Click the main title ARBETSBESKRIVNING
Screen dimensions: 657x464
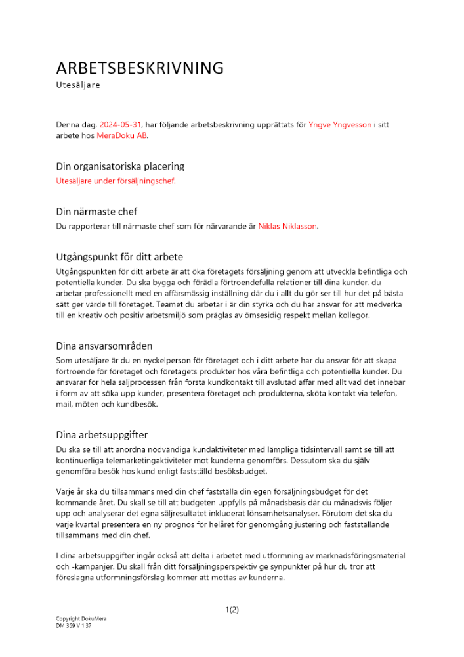140,68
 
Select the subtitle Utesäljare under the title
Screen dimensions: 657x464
78,85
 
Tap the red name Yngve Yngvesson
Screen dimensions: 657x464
339,125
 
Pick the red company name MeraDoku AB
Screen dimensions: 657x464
122,135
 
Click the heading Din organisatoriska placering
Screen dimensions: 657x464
120,166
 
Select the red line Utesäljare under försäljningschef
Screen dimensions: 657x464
116,181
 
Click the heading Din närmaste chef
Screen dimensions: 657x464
96,212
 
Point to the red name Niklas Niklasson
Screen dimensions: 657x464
287,226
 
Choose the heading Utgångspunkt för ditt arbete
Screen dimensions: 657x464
119,256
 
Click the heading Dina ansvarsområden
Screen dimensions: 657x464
104,346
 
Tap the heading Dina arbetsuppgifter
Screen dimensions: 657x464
102,435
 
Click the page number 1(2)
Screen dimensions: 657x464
232,610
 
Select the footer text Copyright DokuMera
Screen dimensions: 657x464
81,620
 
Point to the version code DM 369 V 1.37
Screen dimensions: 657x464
74,627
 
